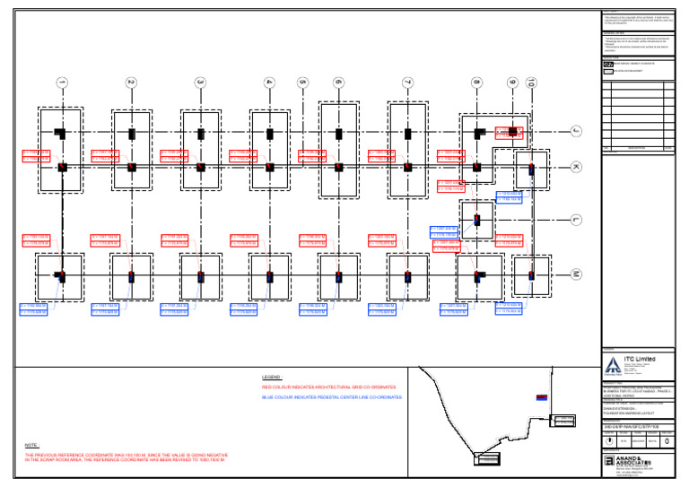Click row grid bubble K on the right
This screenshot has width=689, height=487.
(577, 167)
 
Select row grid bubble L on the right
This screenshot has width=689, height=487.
(577, 219)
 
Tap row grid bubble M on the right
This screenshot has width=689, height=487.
(577, 274)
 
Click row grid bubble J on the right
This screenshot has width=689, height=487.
(577, 132)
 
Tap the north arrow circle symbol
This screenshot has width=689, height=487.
(611, 439)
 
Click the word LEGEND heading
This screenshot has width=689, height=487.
(272, 378)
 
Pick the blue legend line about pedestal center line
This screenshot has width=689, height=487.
(332, 396)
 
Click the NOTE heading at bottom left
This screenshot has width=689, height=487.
(31, 446)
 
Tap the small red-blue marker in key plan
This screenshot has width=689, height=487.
(541, 397)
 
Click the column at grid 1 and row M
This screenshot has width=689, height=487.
(62, 275)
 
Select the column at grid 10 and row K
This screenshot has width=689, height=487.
(531, 167)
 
